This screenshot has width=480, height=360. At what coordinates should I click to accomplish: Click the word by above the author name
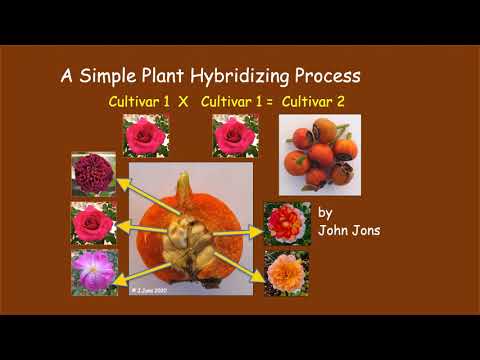click(x=325, y=212)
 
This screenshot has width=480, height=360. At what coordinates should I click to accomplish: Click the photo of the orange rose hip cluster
click(x=319, y=154)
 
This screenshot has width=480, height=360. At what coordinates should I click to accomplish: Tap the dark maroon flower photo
click(x=93, y=174)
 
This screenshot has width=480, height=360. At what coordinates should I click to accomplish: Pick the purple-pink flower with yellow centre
click(x=93, y=272)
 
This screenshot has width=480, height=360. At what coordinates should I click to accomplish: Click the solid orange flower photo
click(x=286, y=272)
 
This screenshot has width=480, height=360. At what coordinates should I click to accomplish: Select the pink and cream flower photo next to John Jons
click(x=286, y=223)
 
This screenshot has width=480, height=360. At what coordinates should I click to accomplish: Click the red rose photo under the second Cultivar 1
click(x=235, y=134)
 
